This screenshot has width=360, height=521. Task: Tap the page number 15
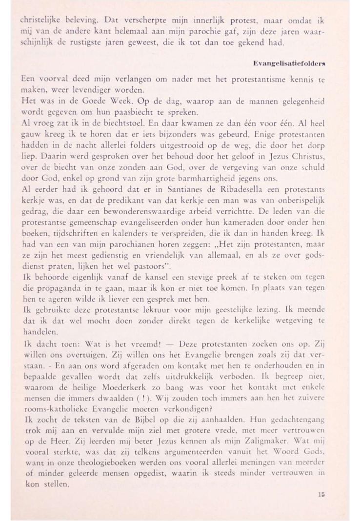tap(320, 494)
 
